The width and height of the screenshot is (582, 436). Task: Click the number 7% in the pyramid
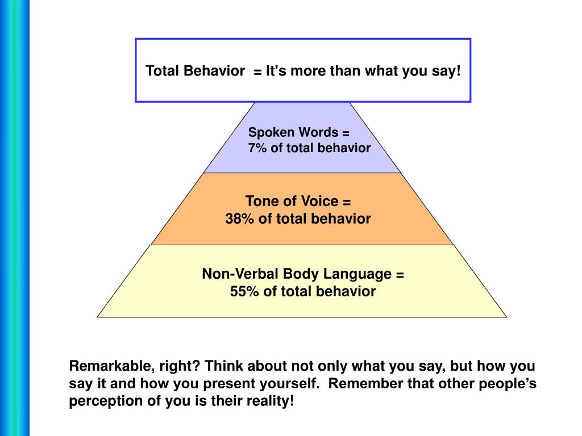256,149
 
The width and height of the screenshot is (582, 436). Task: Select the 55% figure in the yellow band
244,292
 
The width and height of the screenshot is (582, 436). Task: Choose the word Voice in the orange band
318,202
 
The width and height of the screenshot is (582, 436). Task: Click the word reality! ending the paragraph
272,401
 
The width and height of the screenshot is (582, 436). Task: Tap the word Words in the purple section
318,133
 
